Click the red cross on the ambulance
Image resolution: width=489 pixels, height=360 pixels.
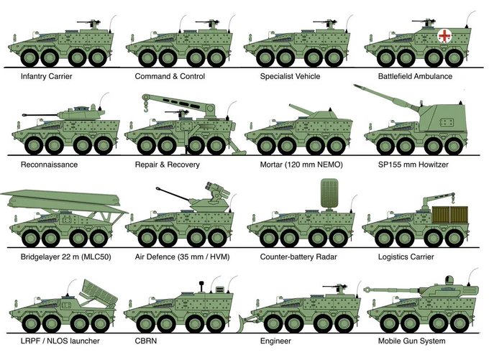(444, 35)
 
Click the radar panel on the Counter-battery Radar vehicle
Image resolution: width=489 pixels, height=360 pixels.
(329, 193)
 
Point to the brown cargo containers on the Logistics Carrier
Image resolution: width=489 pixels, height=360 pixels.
(450, 214)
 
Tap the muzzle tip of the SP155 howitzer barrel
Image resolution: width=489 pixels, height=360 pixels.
(356, 86)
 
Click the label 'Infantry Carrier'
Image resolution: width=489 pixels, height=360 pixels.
(47, 76)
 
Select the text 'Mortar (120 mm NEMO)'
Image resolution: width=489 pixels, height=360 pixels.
(301, 165)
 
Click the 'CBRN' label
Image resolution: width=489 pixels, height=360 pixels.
(146, 341)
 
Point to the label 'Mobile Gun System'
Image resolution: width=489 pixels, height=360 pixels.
(411, 341)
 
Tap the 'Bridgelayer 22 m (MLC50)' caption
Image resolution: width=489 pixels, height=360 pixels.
(66, 257)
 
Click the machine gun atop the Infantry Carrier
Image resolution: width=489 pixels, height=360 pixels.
(90, 24)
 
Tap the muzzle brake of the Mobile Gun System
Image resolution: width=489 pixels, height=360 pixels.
(367, 290)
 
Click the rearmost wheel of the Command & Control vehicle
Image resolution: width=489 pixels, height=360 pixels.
(216, 57)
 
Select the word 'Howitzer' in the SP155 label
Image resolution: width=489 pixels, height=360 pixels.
(434, 165)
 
